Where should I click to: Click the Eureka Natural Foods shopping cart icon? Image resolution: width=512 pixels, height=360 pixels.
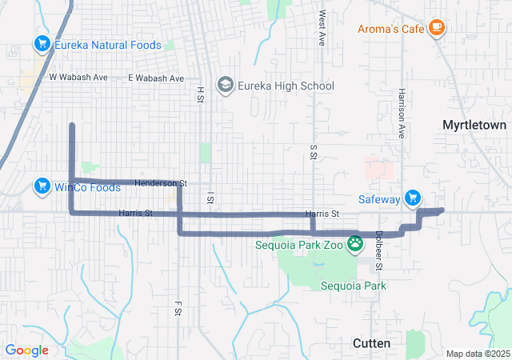(42, 45)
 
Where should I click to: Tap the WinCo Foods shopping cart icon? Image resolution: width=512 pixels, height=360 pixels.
(42, 187)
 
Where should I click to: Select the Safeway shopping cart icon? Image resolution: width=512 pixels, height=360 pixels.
(413, 198)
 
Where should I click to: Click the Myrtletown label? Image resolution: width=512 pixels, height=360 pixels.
(474, 125)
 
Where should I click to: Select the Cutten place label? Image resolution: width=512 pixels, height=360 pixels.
(372, 343)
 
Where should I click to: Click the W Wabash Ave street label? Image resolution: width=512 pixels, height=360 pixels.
(78, 78)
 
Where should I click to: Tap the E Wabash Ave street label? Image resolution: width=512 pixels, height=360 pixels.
(156, 78)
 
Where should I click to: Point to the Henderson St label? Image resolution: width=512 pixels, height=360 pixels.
(160, 184)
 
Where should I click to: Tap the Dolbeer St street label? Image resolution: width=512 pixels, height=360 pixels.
(379, 250)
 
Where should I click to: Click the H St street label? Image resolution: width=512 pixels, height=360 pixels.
(200, 94)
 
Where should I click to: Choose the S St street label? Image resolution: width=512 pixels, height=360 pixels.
(313, 152)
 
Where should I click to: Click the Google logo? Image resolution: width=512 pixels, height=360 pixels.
(27, 350)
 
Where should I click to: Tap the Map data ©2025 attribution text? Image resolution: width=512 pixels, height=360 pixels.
(477, 354)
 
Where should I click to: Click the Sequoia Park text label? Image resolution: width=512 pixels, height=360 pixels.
(354, 286)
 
